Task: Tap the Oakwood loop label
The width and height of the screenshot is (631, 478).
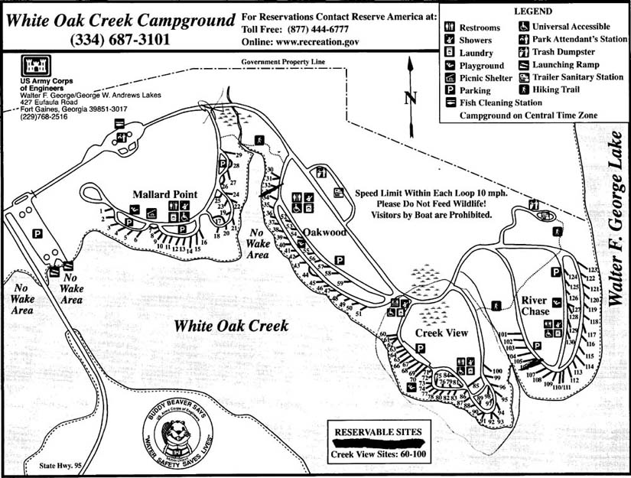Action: (324, 232)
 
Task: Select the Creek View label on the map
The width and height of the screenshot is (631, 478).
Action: (441, 333)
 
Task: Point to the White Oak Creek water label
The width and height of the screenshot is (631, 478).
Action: (231, 326)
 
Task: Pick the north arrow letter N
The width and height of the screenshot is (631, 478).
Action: (410, 97)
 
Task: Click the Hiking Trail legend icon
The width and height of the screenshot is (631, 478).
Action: (524, 89)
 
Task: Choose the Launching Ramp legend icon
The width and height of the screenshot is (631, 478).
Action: (524, 65)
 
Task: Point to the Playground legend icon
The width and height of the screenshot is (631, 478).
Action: (450, 65)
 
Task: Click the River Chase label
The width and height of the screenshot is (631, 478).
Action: (535, 306)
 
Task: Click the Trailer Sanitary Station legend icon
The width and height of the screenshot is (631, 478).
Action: (524, 77)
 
